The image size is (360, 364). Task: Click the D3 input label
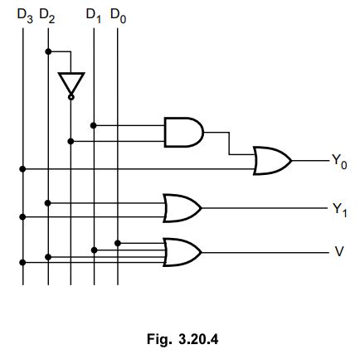pyautogui.click(x=24, y=14)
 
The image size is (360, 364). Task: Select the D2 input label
pyautogui.click(x=47, y=14)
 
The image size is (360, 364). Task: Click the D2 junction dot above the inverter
pyautogui.click(x=48, y=51)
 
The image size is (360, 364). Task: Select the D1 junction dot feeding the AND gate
pyautogui.click(x=94, y=125)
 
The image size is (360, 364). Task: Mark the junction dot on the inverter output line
pyautogui.click(x=71, y=141)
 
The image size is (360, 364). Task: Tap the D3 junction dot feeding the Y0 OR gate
pyautogui.click(x=24, y=168)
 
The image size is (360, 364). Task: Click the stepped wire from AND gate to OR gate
pyautogui.click(x=230, y=143)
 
